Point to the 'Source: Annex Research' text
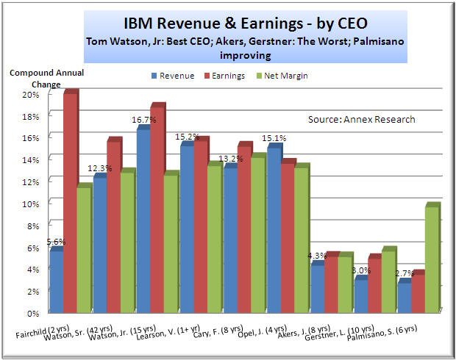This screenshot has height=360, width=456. click(x=361, y=119)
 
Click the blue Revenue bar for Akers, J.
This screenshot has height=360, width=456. click(x=317, y=287)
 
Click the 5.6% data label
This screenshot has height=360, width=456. click(x=56, y=242)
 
